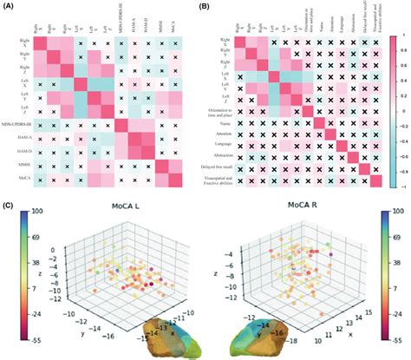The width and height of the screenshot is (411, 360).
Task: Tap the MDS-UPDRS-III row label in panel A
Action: [x=21, y=126]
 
